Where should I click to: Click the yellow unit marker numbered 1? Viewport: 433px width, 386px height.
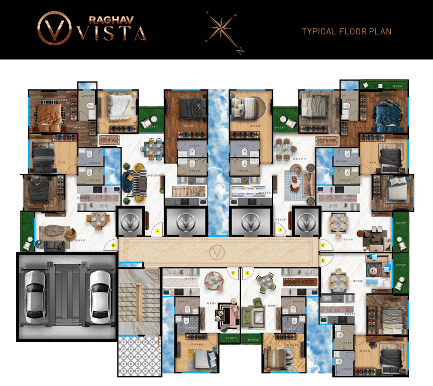[280, 230]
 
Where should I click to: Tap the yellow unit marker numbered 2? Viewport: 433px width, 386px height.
[323, 245]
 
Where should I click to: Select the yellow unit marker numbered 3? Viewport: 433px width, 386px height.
[322, 261]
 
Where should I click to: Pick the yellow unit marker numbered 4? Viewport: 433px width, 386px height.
[247, 273]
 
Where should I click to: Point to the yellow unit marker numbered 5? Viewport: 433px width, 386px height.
[233, 273]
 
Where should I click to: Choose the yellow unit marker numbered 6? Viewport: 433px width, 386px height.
[114, 246]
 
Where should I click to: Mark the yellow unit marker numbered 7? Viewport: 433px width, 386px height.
[158, 231]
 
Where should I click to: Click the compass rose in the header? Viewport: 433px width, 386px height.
[223, 31]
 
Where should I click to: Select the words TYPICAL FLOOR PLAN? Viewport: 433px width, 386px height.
[347, 32]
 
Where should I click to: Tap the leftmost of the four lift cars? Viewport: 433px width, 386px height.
[131, 221]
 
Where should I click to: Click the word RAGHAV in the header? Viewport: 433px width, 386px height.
[110, 20]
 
